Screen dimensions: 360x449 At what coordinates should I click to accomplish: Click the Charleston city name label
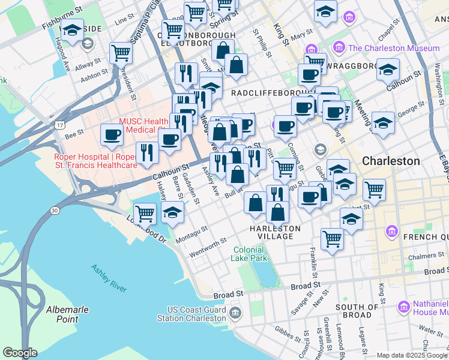coord(391,161)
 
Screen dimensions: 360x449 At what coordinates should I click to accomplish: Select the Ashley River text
coord(109,278)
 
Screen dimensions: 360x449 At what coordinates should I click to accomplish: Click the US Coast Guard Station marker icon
coord(235,313)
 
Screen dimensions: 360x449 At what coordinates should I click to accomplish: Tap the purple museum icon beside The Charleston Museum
coord(339,47)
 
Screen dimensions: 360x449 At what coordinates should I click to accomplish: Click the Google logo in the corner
coord(20,353)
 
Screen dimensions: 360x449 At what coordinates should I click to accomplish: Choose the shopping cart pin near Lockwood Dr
coord(145,213)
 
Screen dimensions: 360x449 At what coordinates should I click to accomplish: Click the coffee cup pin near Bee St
coord(112,135)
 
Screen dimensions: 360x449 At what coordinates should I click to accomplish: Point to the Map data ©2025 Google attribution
coord(412,355)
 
